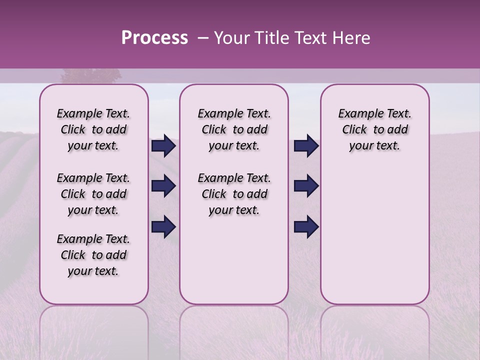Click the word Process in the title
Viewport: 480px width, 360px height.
(x=154, y=38)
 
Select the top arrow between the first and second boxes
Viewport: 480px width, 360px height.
(x=163, y=145)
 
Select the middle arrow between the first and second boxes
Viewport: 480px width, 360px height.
(x=163, y=186)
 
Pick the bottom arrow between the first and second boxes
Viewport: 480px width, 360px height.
(x=163, y=227)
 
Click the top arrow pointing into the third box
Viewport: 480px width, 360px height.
(x=306, y=145)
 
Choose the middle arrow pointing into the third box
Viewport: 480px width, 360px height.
(x=306, y=186)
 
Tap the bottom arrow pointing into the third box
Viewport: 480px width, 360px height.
(x=306, y=227)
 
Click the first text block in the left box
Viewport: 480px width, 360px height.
(x=93, y=129)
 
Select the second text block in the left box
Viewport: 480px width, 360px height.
(x=93, y=194)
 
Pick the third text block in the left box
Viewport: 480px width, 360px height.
(x=93, y=255)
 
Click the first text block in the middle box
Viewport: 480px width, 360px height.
(x=234, y=129)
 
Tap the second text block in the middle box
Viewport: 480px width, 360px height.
(x=234, y=194)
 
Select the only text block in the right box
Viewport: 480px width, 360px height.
(x=374, y=129)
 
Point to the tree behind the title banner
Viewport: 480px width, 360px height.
(x=91, y=76)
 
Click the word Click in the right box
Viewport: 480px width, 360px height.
(x=354, y=129)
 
